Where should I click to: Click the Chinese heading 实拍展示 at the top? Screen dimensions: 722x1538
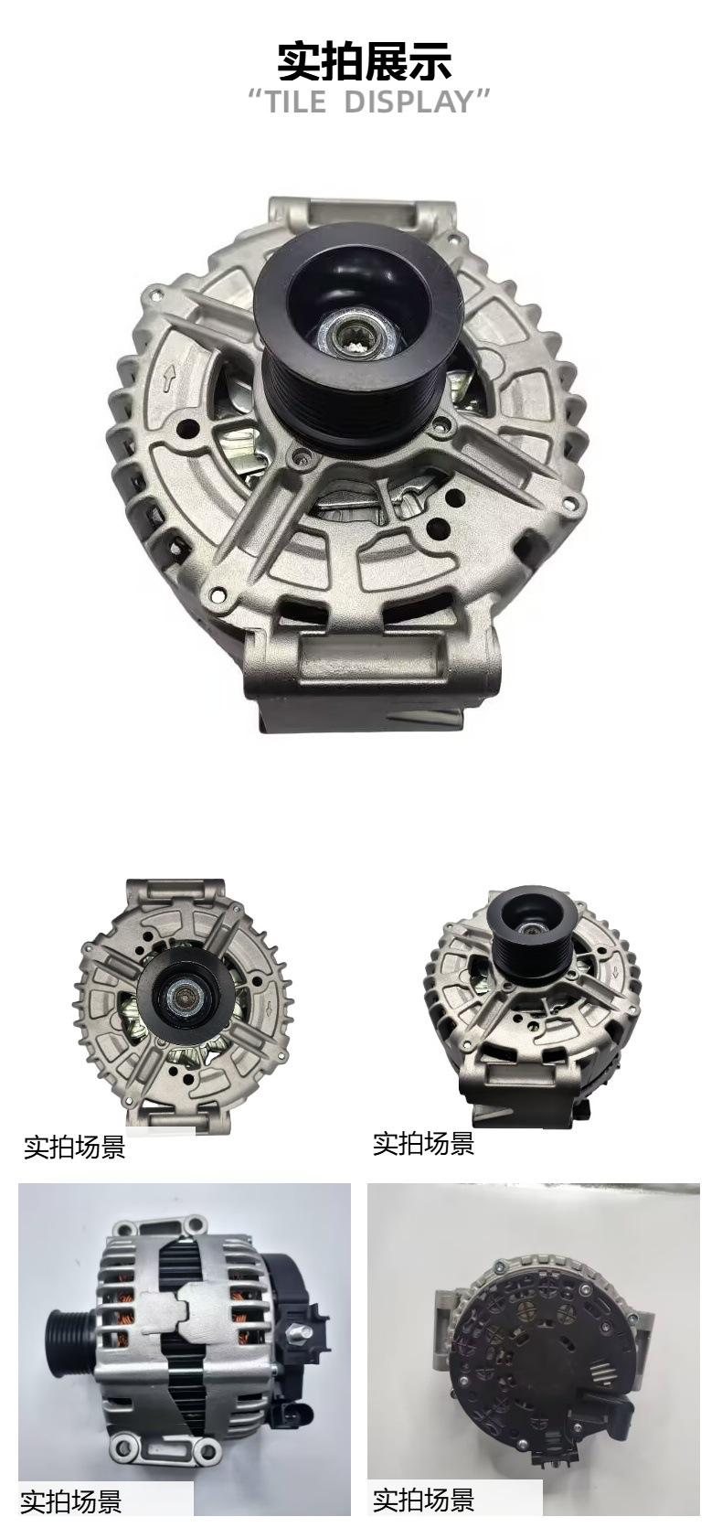pos(364,61)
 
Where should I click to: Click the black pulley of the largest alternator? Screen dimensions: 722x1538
pos(356,336)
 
